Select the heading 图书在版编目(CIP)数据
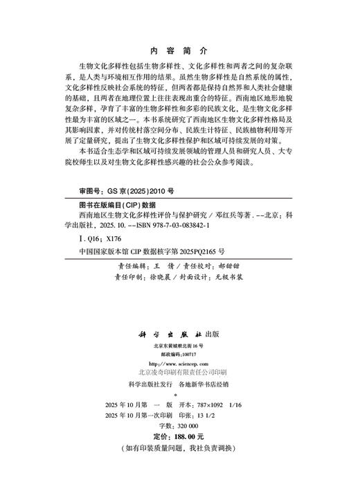tap(110, 206)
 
